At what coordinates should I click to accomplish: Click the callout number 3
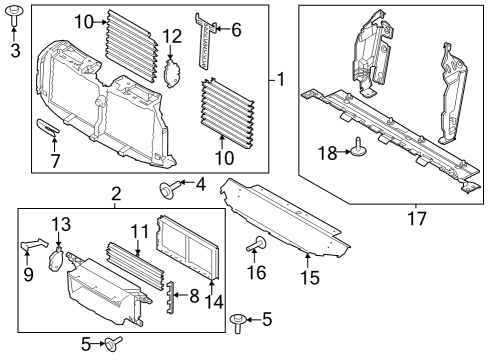[x=15, y=48]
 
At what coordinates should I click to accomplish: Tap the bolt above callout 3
[x=15, y=14]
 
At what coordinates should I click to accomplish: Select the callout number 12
[x=172, y=37]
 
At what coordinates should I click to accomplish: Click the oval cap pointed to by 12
[x=171, y=73]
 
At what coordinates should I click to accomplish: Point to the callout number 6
[x=236, y=29]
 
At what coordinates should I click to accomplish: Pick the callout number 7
[x=55, y=160]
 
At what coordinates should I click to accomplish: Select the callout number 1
[x=281, y=79]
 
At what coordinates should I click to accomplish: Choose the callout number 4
[x=200, y=183]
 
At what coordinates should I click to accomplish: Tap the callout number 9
[x=28, y=273]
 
